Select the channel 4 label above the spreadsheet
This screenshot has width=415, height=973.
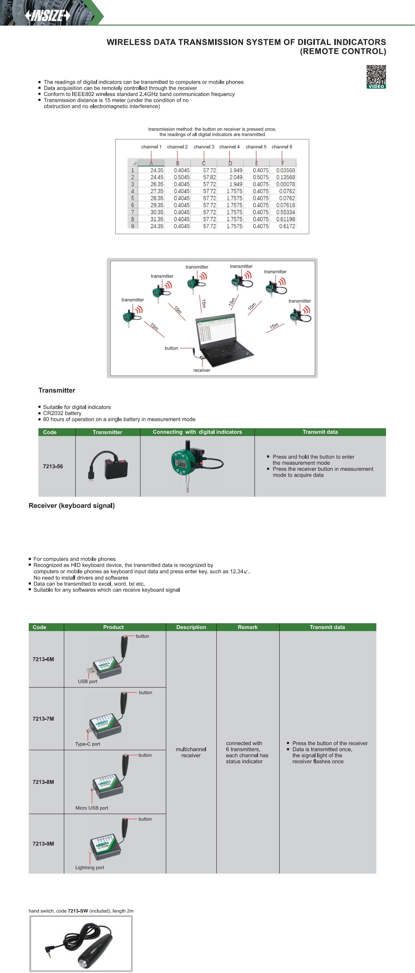point(229,147)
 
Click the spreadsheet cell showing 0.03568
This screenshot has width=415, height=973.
point(285,170)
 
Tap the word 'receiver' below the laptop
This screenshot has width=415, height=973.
point(202,370)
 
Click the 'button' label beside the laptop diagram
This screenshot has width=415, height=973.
point(171,348)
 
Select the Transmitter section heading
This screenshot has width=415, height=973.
point(57,390)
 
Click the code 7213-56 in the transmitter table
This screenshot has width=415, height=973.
point(53,466)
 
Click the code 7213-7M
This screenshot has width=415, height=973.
point(43,719)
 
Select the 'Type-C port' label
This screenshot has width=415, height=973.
point(88,744)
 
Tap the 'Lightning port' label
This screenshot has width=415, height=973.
point(89,868)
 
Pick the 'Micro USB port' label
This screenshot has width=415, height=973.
point(91,808)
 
